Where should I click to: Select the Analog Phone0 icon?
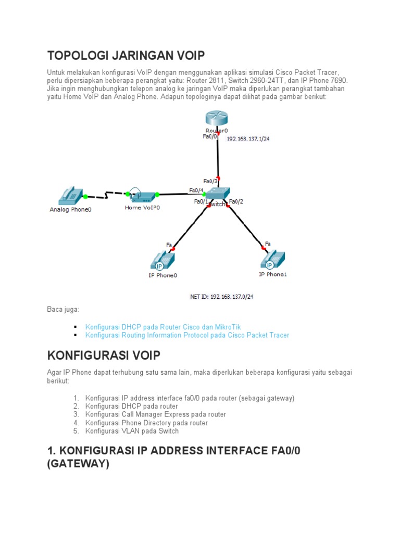point(70,196)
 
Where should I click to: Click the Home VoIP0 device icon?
point(142,195)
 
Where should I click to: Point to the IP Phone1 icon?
point(272,259)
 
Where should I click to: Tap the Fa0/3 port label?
point(210,182)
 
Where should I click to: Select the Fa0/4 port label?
point(196,191)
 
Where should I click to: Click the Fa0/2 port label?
point(236,201)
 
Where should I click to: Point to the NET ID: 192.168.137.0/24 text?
point(224,297)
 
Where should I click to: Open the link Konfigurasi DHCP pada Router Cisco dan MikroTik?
point(163,327)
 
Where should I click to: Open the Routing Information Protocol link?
point(187,335)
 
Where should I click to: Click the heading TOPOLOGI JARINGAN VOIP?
point(126,55)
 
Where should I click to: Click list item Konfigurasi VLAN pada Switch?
point(132,431)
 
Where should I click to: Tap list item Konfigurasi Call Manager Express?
point(156,414)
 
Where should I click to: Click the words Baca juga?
point(63,310)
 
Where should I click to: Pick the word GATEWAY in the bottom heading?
point(78,464)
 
